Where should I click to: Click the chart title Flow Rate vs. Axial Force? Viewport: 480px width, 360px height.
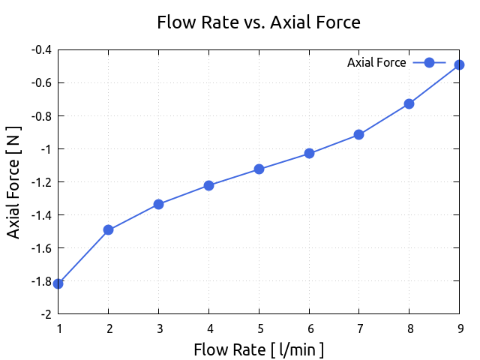(x=259, y=22)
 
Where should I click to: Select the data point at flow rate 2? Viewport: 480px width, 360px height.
(x=109, y=229)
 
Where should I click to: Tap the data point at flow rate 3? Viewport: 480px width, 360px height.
(x=158, y=204)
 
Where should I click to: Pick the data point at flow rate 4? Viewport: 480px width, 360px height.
(x=208, y=185)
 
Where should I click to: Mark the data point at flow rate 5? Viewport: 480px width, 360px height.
(x=259, y=169)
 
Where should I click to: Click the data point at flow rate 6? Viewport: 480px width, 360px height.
(x=309, y=154)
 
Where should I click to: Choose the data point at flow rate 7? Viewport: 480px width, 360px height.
(x=359, y=135)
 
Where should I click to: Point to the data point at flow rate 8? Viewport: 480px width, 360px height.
(x=409, y=103)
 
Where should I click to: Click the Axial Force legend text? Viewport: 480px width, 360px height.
(x=376, y=63)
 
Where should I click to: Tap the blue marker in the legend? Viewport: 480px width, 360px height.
(x=429, y=63)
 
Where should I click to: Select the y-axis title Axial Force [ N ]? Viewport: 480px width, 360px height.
(x=13, y=181)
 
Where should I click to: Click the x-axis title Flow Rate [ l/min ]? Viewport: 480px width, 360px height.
(x=259, y=349)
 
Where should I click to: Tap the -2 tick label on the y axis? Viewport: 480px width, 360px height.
(x=46, y=314)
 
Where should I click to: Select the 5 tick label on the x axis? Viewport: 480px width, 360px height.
(x=259, y=328)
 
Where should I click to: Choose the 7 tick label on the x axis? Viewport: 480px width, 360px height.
(x=359, y=328)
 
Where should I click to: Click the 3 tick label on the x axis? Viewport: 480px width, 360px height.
(x=158, y=328)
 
